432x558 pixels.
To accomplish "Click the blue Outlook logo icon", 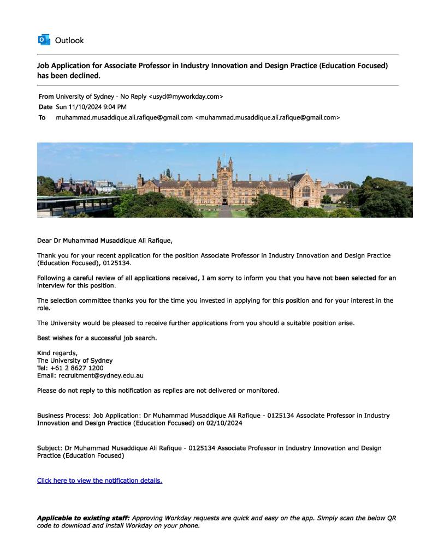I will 43,40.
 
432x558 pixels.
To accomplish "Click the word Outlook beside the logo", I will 69,40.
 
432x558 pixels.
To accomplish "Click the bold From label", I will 46,97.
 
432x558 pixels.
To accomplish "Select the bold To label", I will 42,117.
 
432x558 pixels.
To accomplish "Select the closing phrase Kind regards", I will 57,353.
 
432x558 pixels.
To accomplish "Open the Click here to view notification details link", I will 99,481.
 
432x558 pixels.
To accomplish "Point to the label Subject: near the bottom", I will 49,448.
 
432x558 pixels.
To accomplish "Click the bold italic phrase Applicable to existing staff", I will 83,518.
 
